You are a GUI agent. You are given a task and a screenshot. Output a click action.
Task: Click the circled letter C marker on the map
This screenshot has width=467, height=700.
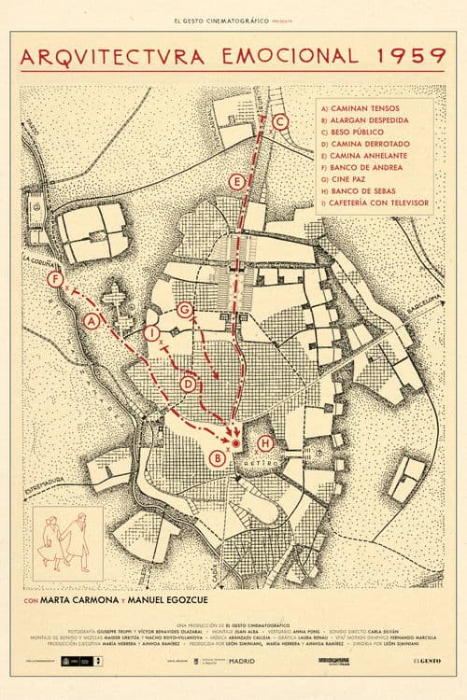click(281, 120)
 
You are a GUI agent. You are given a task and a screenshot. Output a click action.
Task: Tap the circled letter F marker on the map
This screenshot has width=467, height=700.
click(55, 279)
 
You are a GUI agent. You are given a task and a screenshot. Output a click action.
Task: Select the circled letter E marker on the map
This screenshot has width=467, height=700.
click(237, 180)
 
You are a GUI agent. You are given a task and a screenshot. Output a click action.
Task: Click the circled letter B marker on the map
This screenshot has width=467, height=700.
click(218, 457)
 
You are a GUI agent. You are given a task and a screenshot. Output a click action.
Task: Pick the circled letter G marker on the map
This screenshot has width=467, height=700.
click(184, 309)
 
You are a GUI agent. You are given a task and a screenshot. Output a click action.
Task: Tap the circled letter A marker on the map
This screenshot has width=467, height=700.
click(92, 322)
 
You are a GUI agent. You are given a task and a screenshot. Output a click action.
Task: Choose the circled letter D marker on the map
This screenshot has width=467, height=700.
click(188, 383)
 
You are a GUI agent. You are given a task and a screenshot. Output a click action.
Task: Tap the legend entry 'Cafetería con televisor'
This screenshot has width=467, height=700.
click(374, 202)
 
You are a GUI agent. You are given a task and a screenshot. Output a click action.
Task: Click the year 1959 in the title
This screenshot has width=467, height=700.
click(407, 56)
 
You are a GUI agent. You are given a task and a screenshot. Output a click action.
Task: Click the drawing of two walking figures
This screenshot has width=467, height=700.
click(68, 542)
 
